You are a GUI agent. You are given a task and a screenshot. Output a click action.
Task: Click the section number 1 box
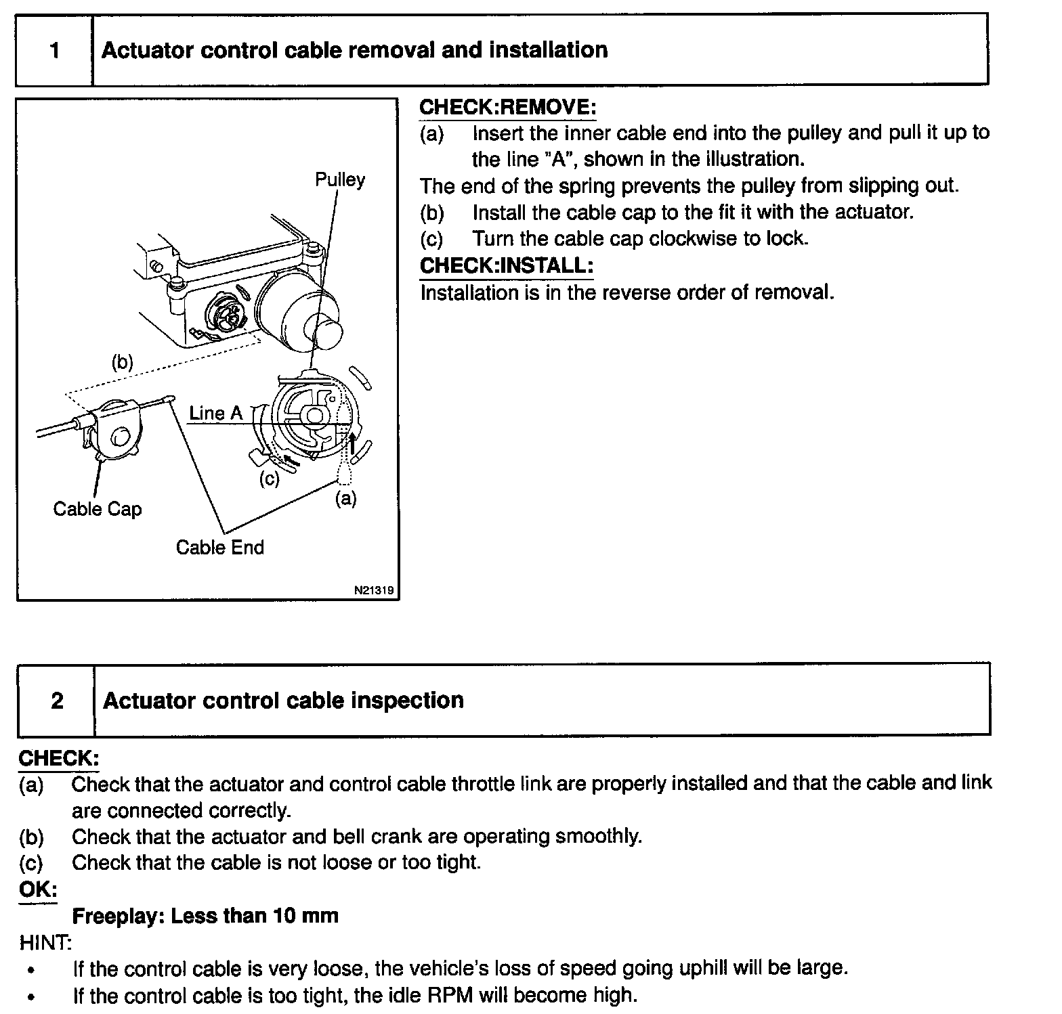[x=54, y=51]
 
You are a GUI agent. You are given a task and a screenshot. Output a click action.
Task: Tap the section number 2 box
[x=57, y=701]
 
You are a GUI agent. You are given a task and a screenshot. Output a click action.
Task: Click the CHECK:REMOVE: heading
[x=507, y=107]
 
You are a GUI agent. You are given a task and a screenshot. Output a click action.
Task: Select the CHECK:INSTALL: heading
[x=506, y=265]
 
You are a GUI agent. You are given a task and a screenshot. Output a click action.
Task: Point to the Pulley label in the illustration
[x=339, y=180]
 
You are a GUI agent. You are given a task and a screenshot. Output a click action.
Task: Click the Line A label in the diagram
[x=215, y=413]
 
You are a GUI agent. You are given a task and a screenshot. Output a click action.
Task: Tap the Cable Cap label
[x=98, y=509]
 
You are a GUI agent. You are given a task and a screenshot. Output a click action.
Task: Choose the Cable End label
[x=219, y=547]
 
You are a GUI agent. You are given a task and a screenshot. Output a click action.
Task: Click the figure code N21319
[x=373, y=590]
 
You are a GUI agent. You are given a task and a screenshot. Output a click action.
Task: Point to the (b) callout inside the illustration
[x=122, y=363]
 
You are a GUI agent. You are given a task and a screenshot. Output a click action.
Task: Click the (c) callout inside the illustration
[x=270, y=479]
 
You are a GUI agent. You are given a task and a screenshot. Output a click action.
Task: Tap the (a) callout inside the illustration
[x=345, y=499]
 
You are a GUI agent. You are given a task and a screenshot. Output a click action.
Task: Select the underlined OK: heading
[x=38, y=889]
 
